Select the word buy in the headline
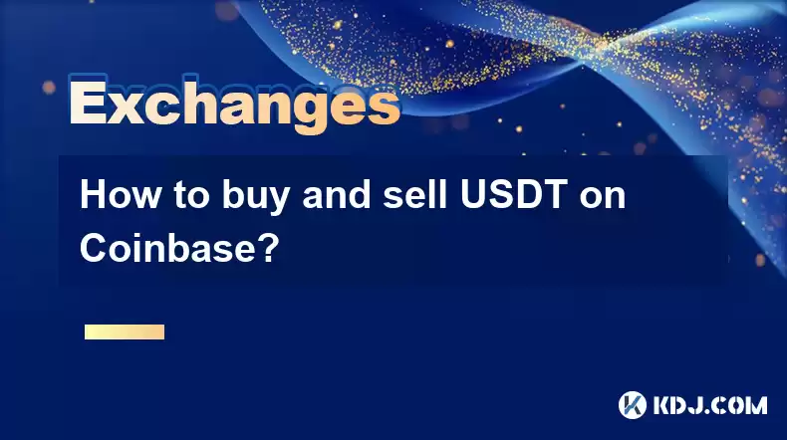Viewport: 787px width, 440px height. click(x=255, y=197)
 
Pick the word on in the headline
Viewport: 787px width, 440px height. click(x=604, y=199)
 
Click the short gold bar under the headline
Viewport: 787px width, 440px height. click(x=125, y=331)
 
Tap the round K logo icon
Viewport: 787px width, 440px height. click(x=633, y=405)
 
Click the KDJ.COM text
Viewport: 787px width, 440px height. click(x=710, y=405)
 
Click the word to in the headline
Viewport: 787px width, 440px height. click(x=191, y=196)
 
